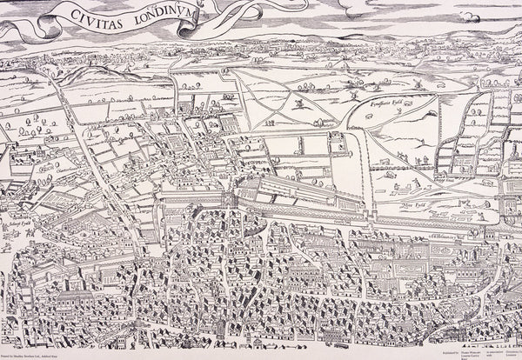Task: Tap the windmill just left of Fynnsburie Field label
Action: click(x=351, y=90)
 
